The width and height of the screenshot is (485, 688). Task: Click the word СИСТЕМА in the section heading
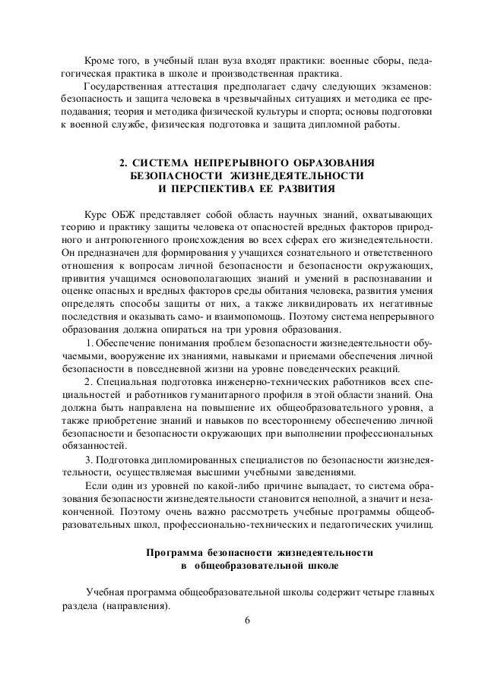[x=162, y=163]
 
